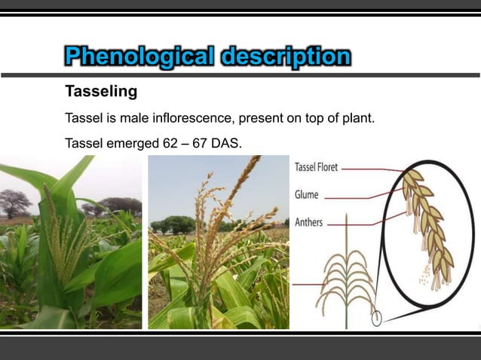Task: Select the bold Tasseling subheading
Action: [101, 93]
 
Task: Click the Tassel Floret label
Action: [316, 168]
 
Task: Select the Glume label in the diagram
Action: [308, 194]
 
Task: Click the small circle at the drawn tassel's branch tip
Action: [376, 318]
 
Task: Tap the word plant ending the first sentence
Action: [357, 119]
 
